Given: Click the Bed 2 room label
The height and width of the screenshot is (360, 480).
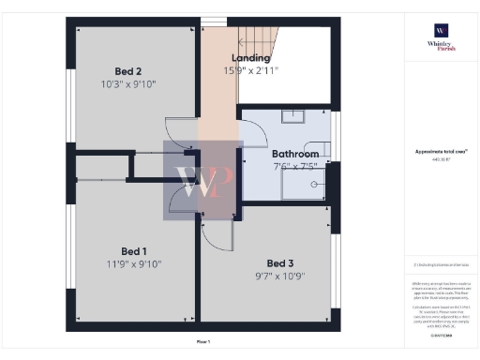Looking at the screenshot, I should click(128, 71).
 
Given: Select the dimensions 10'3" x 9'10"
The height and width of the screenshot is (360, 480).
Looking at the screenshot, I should click(128, 84).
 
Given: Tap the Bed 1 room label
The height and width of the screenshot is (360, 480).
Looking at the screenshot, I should click(134, 250).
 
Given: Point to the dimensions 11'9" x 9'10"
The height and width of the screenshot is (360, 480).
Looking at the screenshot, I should click(134, 264).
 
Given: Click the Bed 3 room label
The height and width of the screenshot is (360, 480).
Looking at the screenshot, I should click(280, 262).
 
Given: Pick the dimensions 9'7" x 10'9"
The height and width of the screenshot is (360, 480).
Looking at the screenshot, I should click(280, 277).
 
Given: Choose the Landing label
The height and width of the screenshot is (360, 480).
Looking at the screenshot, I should click(245, 58).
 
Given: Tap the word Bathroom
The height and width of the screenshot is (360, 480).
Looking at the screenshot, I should click(294, 154).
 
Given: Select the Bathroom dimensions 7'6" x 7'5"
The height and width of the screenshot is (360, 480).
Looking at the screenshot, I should click(294, 166).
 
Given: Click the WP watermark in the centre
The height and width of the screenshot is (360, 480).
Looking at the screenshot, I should click(203, 181).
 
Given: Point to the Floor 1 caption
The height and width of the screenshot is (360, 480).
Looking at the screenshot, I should click(202, 342).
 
